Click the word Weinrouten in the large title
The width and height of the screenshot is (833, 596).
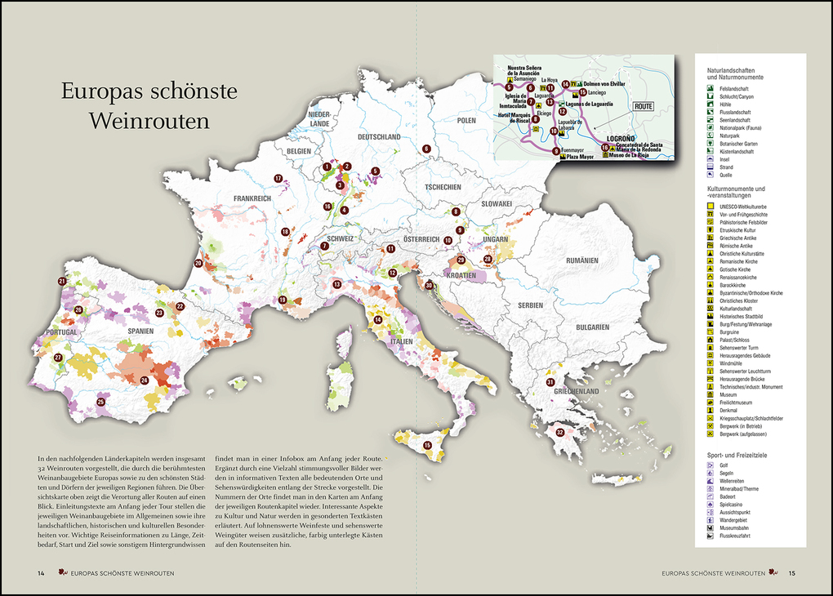[x=149, y=121]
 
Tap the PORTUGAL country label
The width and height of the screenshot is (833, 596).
[x=61, y=333]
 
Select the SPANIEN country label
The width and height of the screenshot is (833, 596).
[x=141, y=331]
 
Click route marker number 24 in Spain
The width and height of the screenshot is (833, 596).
[x=144, y=380]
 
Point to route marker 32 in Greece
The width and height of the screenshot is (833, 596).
[x=559, y=432]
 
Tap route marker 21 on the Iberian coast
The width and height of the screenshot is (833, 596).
[x=62, y=281]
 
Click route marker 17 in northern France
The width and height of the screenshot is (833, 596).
[x=278, y=178]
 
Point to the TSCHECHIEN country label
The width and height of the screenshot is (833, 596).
[x=443, y=187]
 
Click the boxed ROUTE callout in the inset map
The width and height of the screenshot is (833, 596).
[x=644, y=106]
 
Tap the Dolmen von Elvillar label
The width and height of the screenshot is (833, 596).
[x=604, y=84]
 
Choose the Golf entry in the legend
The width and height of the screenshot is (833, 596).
[x=724, y=465]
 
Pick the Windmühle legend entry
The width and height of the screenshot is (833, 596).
[x=734, y=363]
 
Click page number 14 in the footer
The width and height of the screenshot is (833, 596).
[x=41, y=572]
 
